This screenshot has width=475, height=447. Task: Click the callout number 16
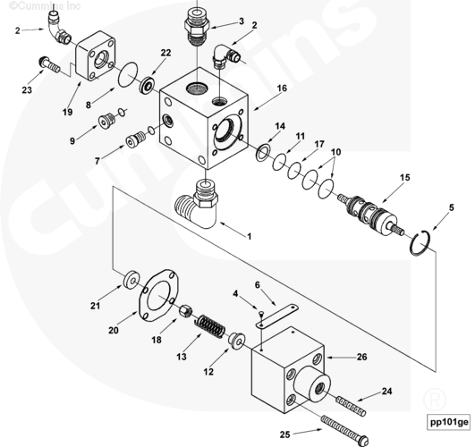point(282,89)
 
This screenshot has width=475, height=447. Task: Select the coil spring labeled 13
point(209,326)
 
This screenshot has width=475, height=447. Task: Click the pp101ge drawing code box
point(449,422)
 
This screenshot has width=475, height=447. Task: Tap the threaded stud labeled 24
point(351,407)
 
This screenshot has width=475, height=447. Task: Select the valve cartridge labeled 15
point(370,215)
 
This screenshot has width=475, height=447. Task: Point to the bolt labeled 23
point(49,64)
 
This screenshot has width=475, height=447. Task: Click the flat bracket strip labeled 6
point(277,316)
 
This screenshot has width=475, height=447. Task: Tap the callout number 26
point(361,357)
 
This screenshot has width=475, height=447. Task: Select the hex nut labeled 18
point(185,311)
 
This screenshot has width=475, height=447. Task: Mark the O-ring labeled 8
point(128,74)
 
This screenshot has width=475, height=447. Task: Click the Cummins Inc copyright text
point(45,5)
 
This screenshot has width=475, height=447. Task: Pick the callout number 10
point(335,152)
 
